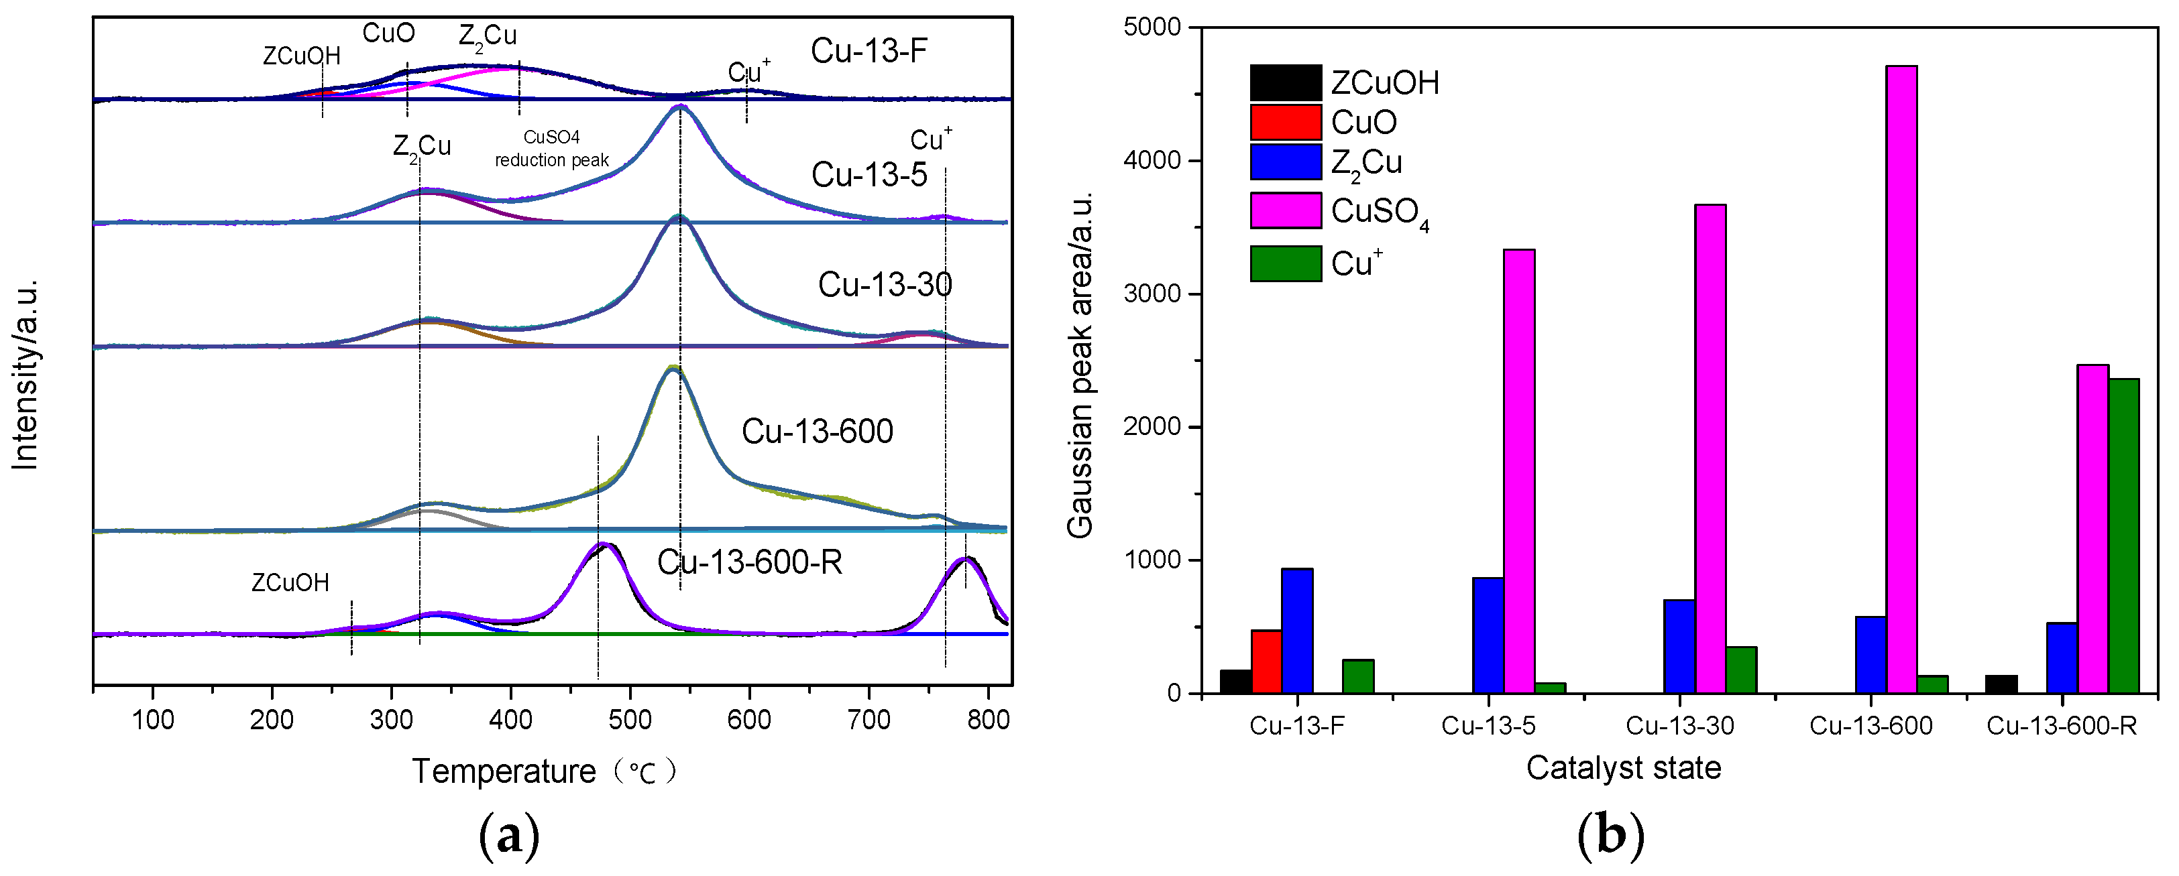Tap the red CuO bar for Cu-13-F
click(1266, 662)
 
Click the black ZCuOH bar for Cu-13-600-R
click(2001, 684)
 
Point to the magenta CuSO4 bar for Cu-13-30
click(1710, 448)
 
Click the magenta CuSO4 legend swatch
click(1285, 210)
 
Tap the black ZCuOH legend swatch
click(1285, 82)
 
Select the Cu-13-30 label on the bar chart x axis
click(1680, 725)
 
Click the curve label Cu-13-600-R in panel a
click(749, 562)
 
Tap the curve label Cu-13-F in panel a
click(869, 51)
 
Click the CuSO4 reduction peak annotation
click(551, 149)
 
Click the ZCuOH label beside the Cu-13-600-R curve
click(290, 582)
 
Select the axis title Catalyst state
click(1623, 768)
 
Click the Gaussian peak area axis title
click(1080, 363)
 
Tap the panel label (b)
click(1610, 835)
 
